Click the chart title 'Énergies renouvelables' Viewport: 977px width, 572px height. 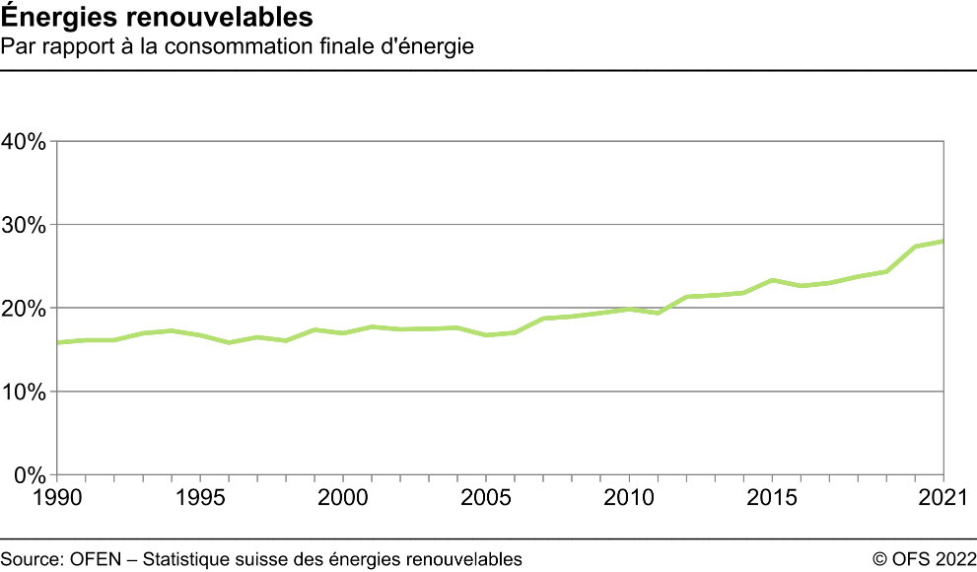coord(158,18)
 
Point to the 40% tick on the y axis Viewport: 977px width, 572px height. coord(24,141)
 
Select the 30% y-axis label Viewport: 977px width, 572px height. coord(24,225)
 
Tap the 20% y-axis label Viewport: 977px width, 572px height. coord(24,309)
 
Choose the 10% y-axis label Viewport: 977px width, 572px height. coord(24,392)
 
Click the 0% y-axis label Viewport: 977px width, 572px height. coord(29,475)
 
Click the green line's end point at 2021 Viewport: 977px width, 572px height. coord(943,241)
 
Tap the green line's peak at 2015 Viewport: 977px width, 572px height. coord(772,280)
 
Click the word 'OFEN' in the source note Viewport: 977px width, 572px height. coord(95,559)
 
